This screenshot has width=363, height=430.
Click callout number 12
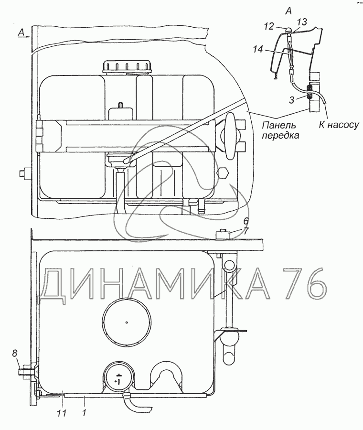click(269, 26)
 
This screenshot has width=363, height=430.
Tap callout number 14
click(258, 49)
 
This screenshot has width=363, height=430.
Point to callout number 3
click(291, 100)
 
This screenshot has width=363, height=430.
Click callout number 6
click(246, 221)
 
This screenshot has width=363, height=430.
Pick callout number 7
click(246, 231)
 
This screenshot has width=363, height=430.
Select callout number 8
click(14, 354)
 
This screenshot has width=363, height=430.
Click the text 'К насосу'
click(339, 125)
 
